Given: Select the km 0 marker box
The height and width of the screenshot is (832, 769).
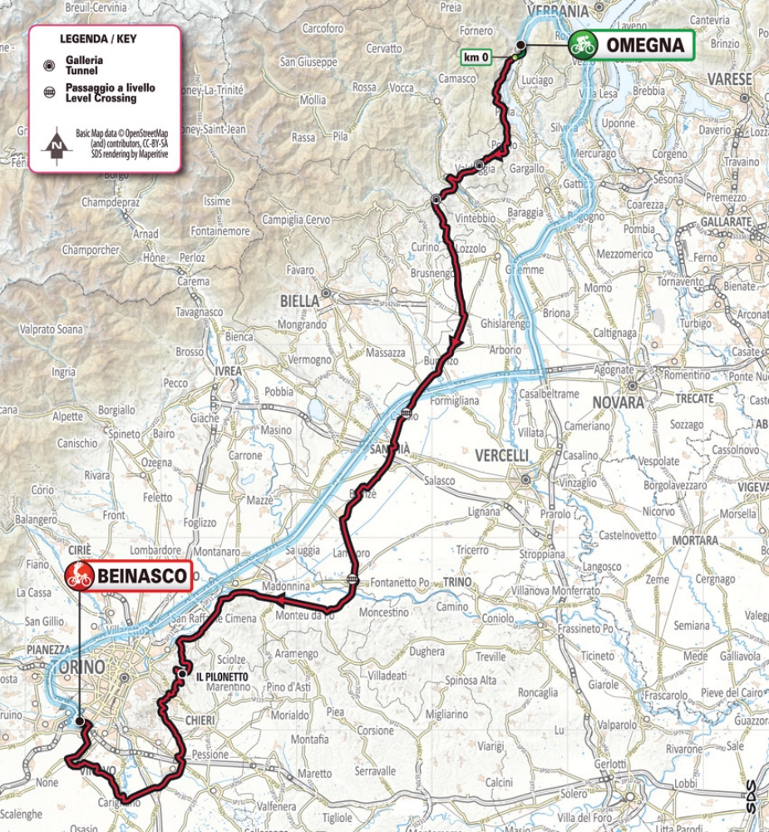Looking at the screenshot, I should [477, 57].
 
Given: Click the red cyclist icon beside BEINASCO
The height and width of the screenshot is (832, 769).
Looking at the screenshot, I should [81, 575].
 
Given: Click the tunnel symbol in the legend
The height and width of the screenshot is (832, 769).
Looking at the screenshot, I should [49, 66].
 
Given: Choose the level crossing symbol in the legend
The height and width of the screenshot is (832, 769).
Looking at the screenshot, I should [49, 92].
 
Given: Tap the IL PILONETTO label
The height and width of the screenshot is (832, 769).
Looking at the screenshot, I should [223, 677].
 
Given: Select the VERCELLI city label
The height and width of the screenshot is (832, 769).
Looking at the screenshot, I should [501, 455].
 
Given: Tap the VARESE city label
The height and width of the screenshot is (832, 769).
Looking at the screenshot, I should [729, 79].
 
